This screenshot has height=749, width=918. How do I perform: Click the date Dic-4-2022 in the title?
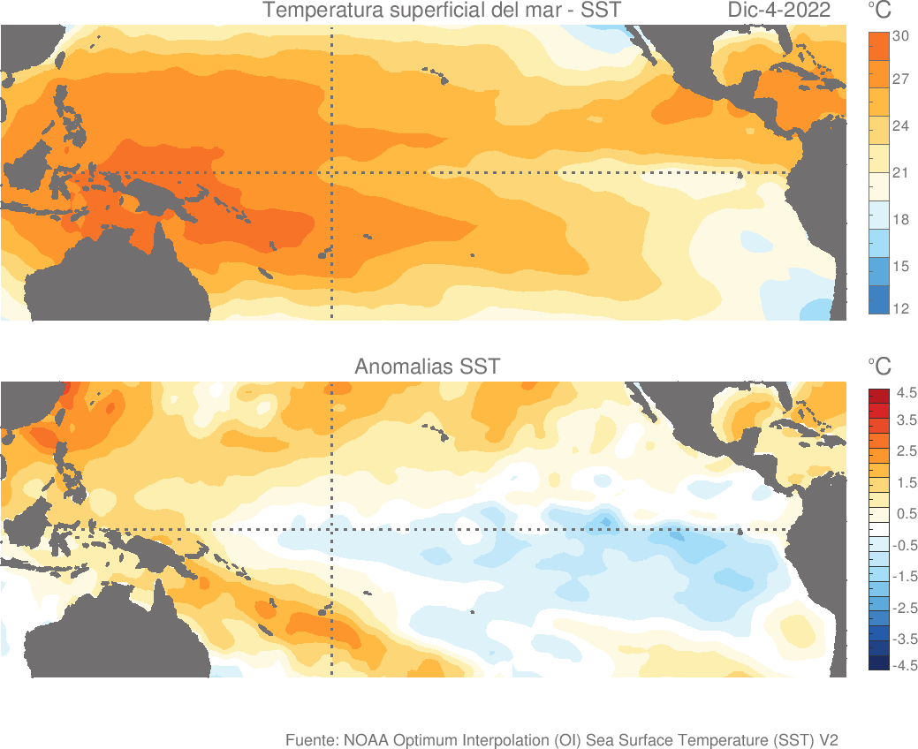(x=779, y=11)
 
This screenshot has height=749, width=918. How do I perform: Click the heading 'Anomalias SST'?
(x=427, y=366)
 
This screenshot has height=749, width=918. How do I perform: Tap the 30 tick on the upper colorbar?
(x=900, y=36)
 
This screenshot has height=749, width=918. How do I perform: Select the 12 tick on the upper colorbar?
(x=900, y=309)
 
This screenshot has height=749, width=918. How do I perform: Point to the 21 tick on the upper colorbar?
(x=900, y=173)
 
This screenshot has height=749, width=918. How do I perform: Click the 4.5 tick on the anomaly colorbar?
(x=907, y=392)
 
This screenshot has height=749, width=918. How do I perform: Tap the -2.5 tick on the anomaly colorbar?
(x=905, y=608)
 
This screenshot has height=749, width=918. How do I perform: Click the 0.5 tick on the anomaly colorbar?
(x=907, y=514)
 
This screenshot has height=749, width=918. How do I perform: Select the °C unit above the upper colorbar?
(x=879, y=11)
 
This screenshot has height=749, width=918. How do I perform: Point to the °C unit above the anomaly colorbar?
(x=879, y=366)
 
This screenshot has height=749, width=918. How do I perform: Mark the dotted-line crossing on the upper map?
(x=331, y=173)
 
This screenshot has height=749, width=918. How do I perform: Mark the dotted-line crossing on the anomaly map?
(x=331, y=530)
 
